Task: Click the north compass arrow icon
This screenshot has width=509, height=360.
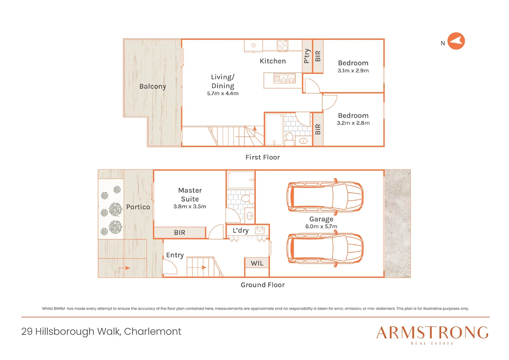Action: pyautogui.click(x=456, y=41)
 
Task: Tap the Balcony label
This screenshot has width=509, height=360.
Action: pyautogui.click(x=153, y=86)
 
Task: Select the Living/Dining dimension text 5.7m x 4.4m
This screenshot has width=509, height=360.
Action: pyautogui.click(x=223, y=94)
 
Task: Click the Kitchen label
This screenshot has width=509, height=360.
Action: pyautogui.click(x=272, y=61)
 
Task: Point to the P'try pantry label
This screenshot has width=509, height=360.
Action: pyautogui.click(x=307, y=56)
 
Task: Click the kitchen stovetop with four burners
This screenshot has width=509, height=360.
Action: pyautogui.click(x=282, y=45)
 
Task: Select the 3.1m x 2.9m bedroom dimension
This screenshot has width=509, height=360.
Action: pyautogui.click(x=353, y=71)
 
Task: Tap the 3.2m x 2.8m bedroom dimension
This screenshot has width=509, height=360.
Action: pyautogui.click(x=353, y=123)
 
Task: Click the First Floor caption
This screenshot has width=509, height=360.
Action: pyautogui.click(x=262, y=157)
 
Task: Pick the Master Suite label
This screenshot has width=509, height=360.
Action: pyautogui.click(x=190, y=195)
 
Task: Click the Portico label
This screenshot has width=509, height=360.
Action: pyautogui.click(x=138, y=207)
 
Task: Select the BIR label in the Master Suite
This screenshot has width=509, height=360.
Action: pyautogui.click(x=180, y=233)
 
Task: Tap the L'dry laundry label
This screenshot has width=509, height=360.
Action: pyautogui.click(x=241, y=231)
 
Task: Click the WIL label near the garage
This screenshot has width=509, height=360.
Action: pyautogui.click(x=257, y=263)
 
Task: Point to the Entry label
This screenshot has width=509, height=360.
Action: pyautogui.click(x=175, y=255)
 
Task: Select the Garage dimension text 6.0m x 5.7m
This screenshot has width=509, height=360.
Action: pyautogui.click(x=321, y=227)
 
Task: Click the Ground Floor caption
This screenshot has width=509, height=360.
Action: pyautogui.click(x=262, y=285)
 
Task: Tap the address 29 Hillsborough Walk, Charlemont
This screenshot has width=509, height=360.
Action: pyautogui.click(x=101, y=331)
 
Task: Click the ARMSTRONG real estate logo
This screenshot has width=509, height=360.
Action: pyautogui.click(x=432, y=335)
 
